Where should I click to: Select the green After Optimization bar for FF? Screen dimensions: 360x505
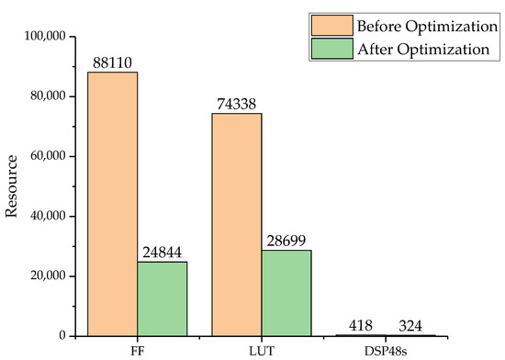click(x=163, y=298)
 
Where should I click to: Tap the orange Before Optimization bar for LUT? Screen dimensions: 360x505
click(x=237, y=224)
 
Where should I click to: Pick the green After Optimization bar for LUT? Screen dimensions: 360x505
click(x=286, y=293)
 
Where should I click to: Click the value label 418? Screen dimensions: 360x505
click(x=362, y=327)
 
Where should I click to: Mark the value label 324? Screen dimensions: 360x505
click(x=411, y=327)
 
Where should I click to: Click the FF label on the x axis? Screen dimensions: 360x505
click(x=138, y=350)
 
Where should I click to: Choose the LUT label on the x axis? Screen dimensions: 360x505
click(x=262, y=350)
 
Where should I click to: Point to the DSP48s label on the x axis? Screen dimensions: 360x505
click(x=387, y=350)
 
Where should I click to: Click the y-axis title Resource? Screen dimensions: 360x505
click(x=13, y=186)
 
